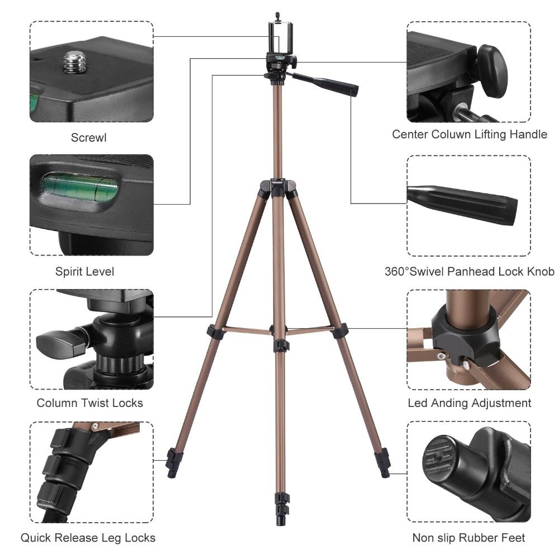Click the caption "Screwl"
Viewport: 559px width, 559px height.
tap(88, 138)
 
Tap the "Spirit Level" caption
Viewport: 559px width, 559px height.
tap(84, 272)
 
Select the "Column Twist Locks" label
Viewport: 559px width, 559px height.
tap(90, 403)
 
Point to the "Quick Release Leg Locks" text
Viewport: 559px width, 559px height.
tap(88, 538)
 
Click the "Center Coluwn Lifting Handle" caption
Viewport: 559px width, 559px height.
tap(470, 134)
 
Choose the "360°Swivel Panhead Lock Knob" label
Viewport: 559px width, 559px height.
tap(470, 272)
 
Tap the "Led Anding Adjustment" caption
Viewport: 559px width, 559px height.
tap(470, 403)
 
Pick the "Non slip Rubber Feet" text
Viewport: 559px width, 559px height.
tap(469, 538)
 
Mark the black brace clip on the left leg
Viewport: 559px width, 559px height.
tap(214, 331)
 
